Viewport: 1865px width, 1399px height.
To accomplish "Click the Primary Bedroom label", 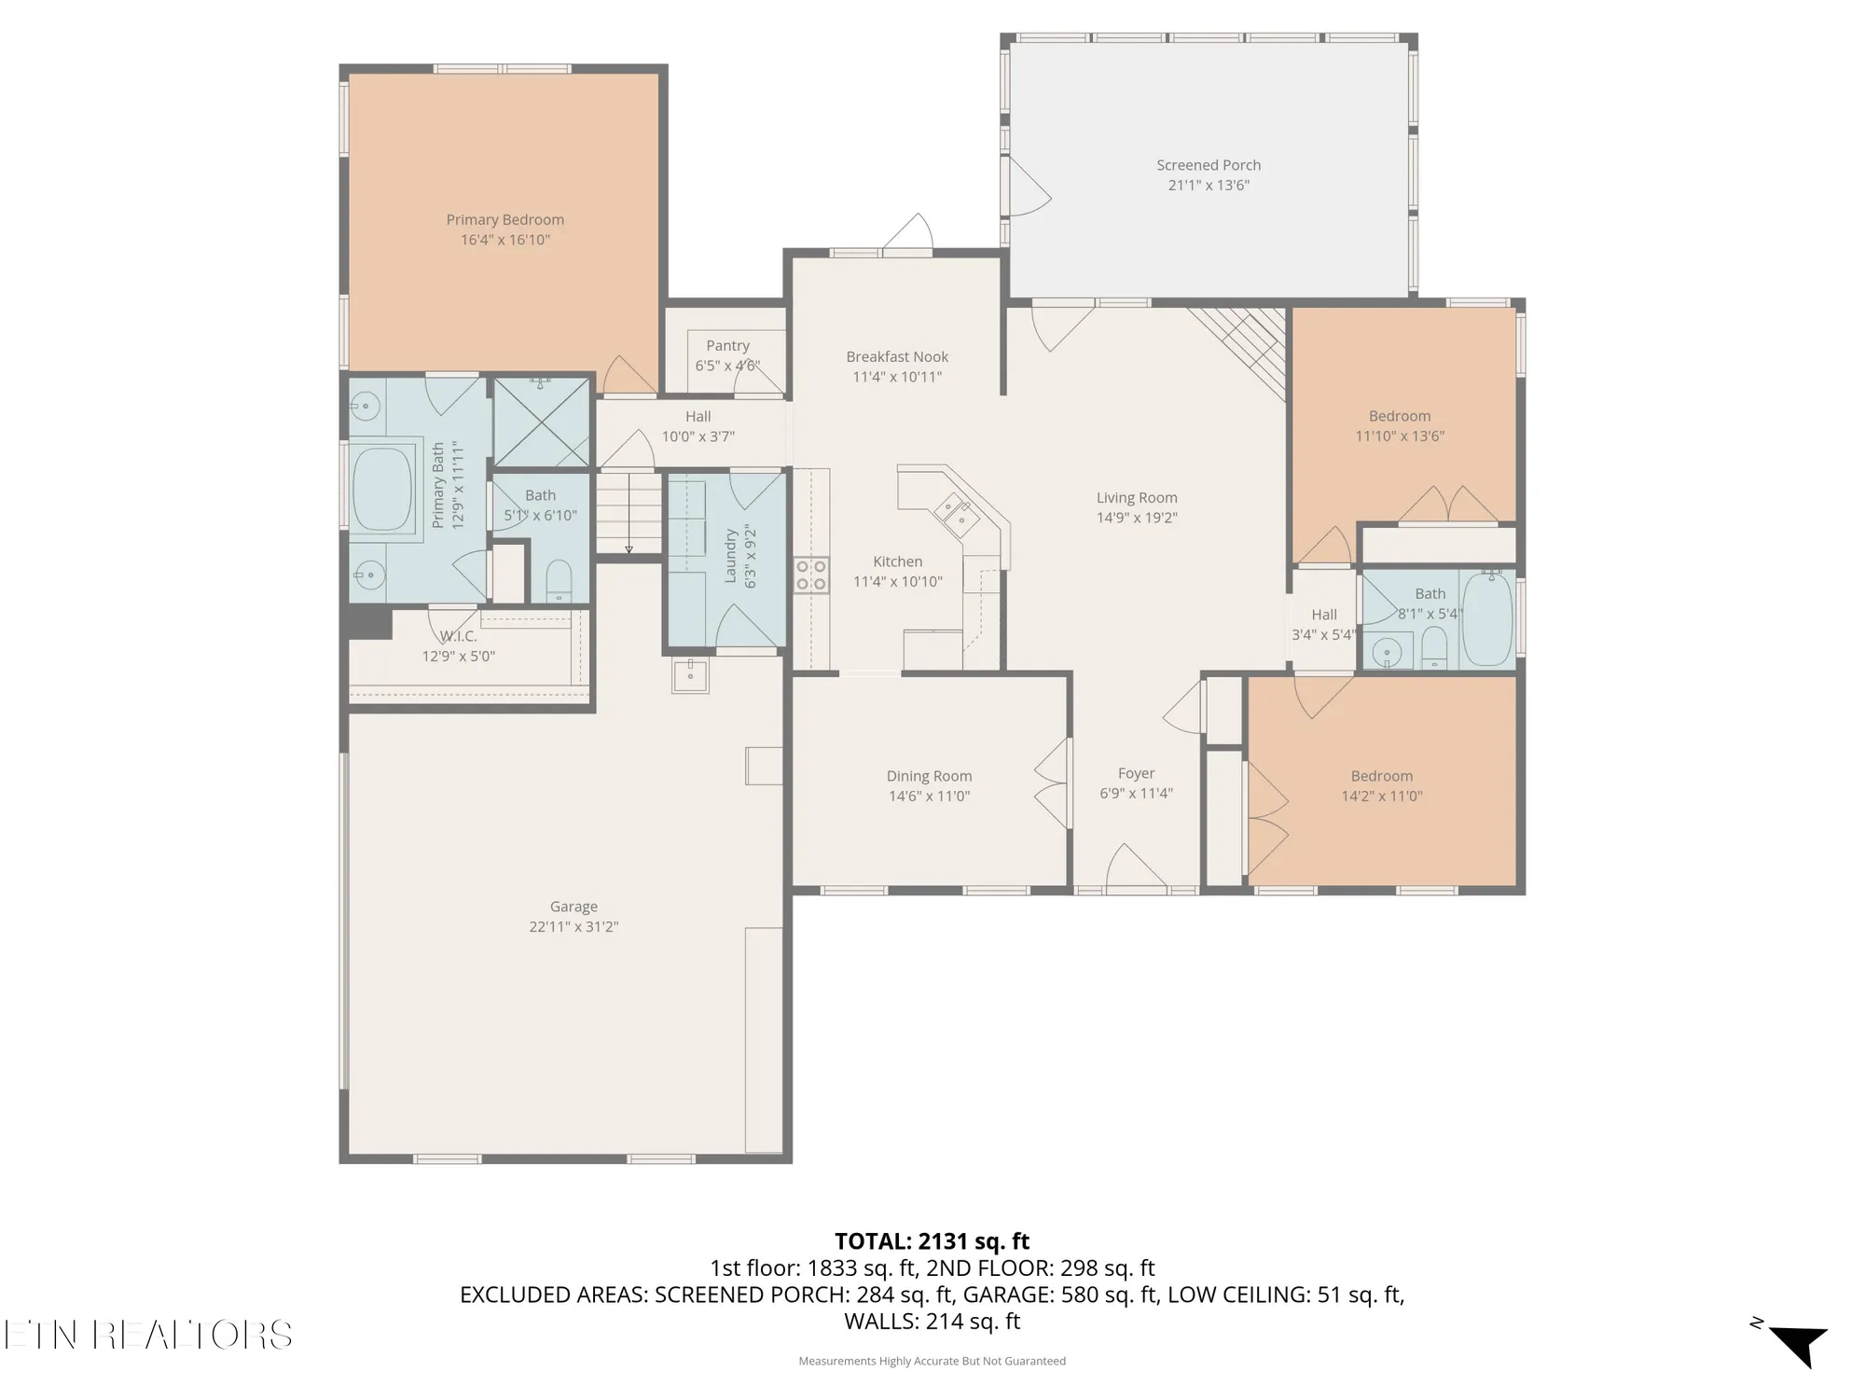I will coord(504,220).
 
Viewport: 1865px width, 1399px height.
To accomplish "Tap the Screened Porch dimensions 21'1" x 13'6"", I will coord(1209,185).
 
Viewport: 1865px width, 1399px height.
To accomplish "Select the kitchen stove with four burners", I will coord(810,575).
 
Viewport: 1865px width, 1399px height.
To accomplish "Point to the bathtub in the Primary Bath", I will coord(382,489).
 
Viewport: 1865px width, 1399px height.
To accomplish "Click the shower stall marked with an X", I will coord(541,422).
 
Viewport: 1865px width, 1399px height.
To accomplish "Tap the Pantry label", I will coord(727,346).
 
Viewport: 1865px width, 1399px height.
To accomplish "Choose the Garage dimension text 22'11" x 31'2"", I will coord(573,926).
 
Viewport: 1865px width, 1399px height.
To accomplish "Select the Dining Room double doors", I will coord(1054,783).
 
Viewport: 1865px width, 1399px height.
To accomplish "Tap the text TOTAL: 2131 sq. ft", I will coord(932,1241).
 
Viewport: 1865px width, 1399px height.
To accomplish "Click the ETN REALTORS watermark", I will coord(147,1335).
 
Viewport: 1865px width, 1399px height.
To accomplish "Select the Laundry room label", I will coord(731,556).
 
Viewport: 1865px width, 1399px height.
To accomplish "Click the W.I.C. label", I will coord(458,636).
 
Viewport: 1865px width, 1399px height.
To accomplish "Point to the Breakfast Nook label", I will coord(897,357).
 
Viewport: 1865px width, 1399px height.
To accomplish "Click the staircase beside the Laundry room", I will coord(629,513).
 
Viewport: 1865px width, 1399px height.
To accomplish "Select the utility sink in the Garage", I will coord(690,674).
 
